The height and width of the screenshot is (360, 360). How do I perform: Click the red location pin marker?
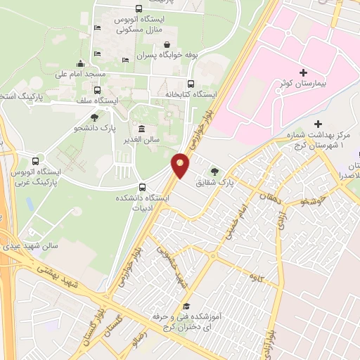(180, 165)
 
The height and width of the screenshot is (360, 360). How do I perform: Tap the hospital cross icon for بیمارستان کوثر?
(303, 72)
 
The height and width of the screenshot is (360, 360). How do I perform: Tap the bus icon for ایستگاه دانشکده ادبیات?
(143, 187)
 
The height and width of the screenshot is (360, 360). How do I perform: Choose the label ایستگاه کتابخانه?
(191, 94)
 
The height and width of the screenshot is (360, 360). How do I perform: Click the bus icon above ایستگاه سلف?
(97, 90)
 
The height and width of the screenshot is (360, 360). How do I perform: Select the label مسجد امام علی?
(80, 73)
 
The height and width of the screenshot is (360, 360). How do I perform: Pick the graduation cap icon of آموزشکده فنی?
(186, 306)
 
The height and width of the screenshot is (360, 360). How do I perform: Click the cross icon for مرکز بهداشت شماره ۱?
(319, 124)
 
